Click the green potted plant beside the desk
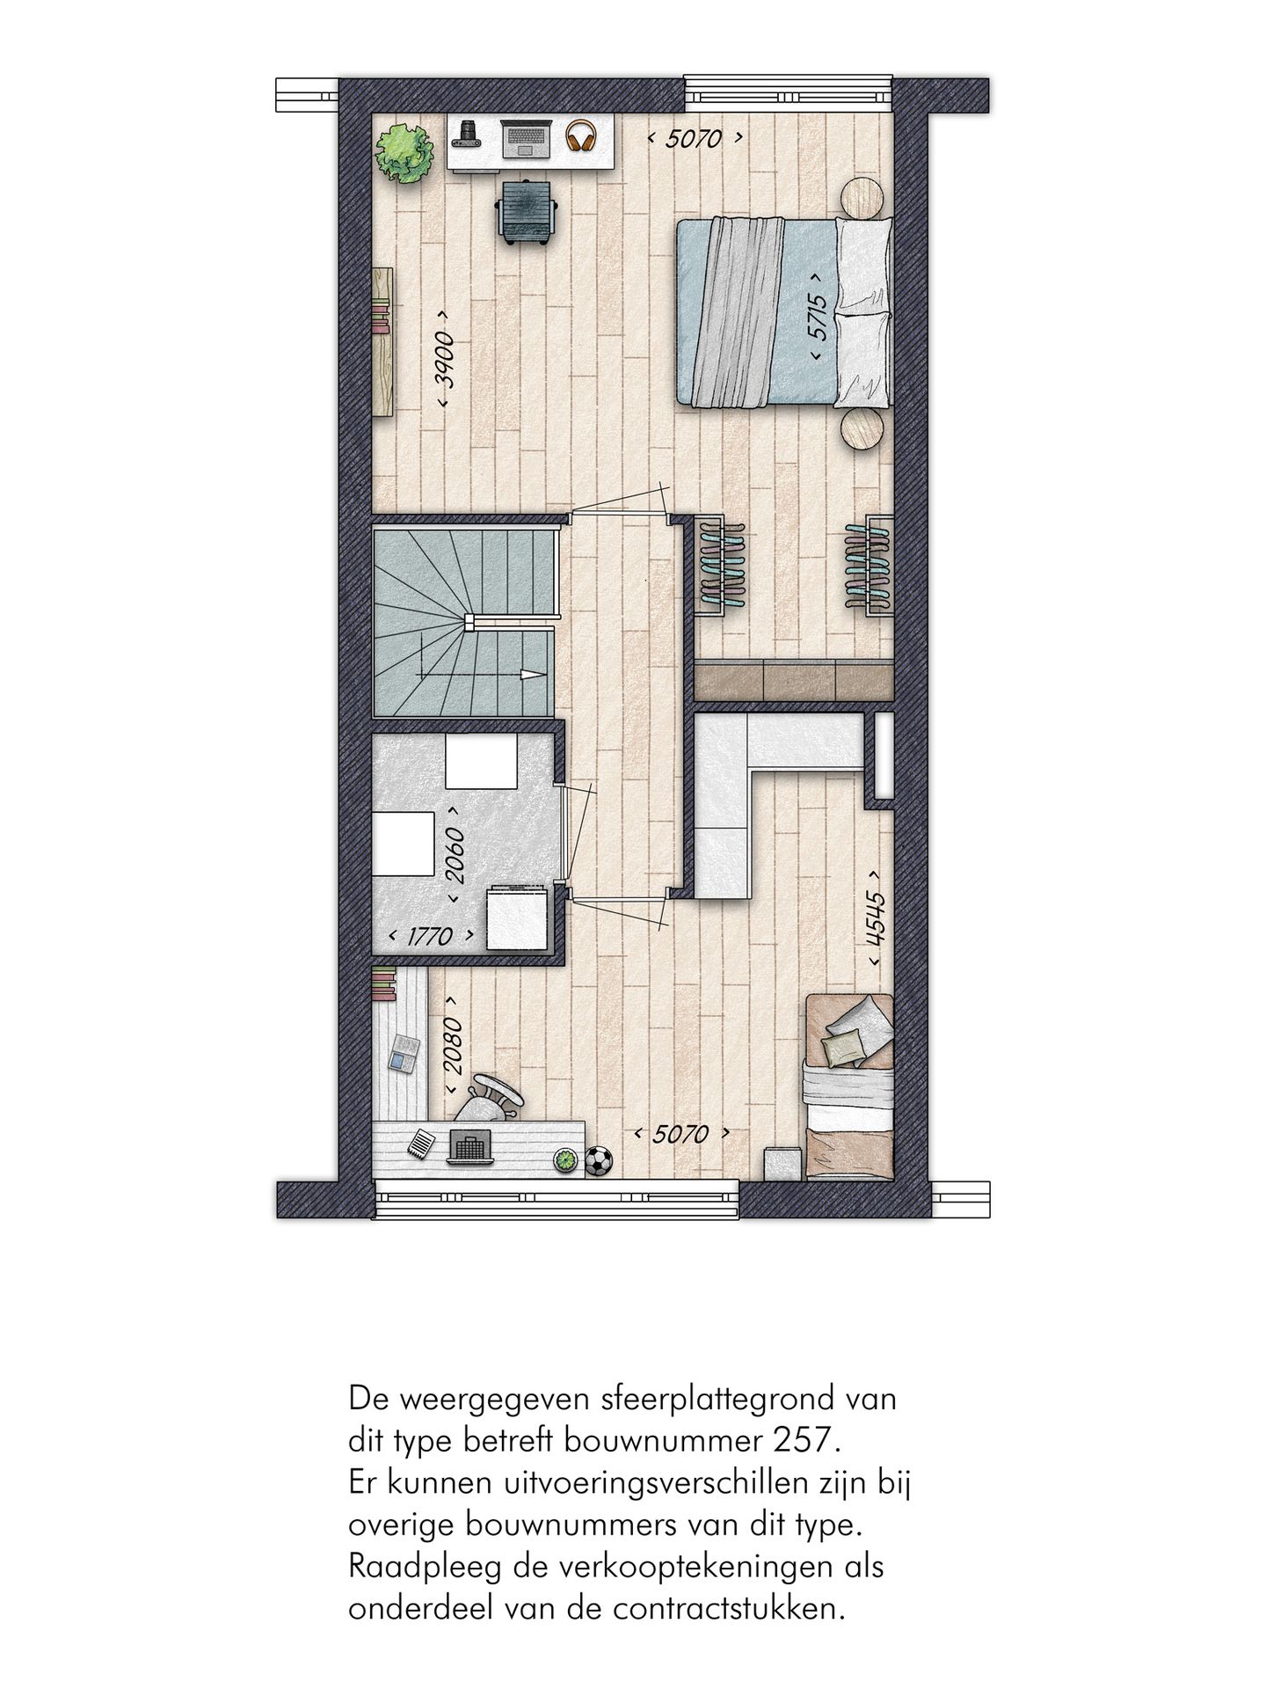pos(406,153)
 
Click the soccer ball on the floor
pos(600,1161)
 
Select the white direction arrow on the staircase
pos(531,676)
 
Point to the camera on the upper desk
pos(469,134)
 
